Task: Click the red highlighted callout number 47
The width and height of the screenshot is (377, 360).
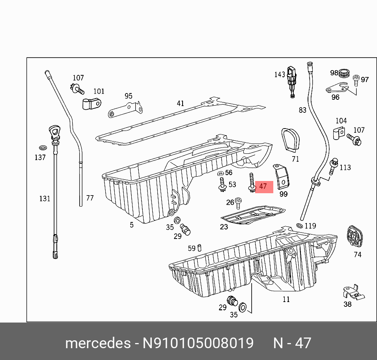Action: pos(263,186)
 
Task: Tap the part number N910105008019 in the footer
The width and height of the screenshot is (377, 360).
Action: pos(198,343)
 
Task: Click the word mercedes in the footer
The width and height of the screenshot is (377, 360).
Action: pos(97,343)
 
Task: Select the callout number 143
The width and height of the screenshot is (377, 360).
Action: pos(280,75)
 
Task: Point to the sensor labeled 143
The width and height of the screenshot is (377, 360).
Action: pos(291,80)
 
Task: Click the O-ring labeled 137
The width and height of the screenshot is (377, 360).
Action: pos(43,148)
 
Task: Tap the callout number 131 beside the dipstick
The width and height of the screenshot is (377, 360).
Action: pos(45,198)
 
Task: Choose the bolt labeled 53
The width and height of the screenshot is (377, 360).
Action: pos(222,185)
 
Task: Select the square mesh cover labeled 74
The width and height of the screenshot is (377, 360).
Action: pos(355,237)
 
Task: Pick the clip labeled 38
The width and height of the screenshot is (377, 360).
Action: pos(353,292)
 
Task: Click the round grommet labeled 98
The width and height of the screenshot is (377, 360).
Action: pos(345,73)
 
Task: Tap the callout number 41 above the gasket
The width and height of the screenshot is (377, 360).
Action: pos(180,103)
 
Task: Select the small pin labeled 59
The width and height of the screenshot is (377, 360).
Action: pos(200,248)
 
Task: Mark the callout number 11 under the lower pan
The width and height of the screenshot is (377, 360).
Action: pos(286,299)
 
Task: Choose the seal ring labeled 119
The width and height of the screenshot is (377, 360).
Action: pos(299,226)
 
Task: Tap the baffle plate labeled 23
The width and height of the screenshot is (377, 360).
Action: pos(252,215)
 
